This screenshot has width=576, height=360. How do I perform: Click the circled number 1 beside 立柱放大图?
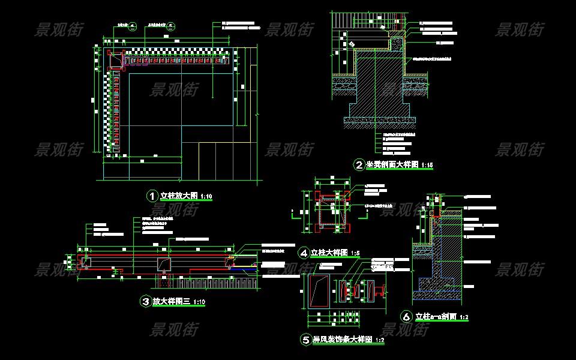(152, 196)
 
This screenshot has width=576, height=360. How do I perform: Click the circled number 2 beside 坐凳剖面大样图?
(359, 165)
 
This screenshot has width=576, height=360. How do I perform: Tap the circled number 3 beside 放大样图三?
(145, 302)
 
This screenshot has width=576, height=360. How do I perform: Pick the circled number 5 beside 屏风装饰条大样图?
(305, 340)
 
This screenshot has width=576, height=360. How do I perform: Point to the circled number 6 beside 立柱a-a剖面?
(407, 316)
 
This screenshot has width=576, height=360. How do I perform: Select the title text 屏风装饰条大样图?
(342, 340)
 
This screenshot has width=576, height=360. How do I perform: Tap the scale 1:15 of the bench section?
(427, 165)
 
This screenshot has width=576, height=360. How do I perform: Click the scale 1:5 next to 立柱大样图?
(356, 253)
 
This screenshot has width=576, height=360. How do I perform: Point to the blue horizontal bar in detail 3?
(245, 269)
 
